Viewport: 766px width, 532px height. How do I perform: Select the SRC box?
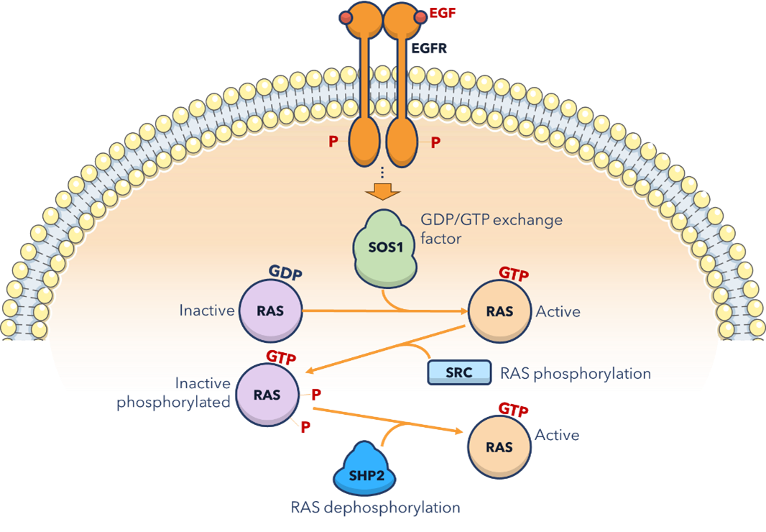click(x=459, y=373)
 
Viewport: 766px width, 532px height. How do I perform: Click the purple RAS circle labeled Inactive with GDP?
click(x=270, y=311)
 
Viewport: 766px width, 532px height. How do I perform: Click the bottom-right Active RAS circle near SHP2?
click(x=499, y=446)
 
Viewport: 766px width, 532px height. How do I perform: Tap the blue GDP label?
click(x=285, y=273)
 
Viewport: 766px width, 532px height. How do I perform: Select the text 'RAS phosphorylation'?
click(x=574, y=374)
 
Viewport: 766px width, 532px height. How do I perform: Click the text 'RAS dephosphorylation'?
click(x=375, y=508)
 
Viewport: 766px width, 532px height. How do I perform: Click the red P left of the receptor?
click(x=333, y=142)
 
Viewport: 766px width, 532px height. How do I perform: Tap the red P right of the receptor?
click(x=435, y=142)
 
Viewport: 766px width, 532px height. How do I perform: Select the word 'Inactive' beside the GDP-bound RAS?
click(x=206, y=311)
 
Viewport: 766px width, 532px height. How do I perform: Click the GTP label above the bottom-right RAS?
click(x=514, y=411)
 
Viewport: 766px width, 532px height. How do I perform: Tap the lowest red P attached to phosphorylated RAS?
click(x=305, y=427)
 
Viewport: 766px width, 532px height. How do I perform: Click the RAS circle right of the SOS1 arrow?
click(x=499, y=311)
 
